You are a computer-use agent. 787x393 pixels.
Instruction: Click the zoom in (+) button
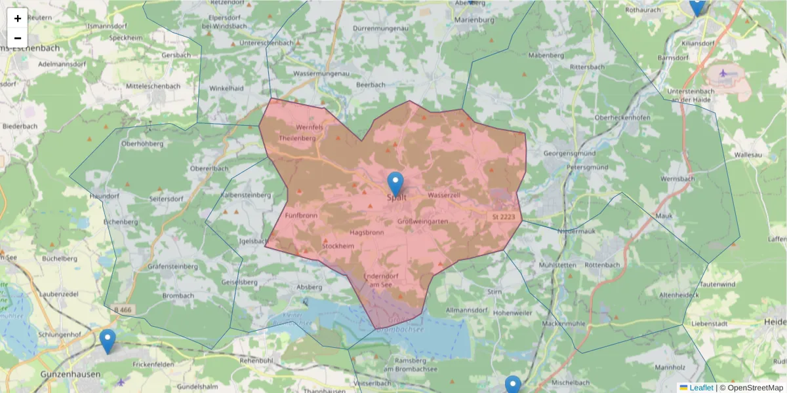click(x=18, y=18)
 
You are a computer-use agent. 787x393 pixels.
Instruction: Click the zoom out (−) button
click(x=18, y=38)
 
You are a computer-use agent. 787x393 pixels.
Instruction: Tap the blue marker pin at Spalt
click(x=395, y=184)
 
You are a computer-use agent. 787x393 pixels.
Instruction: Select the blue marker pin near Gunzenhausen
click(x=108, y=341)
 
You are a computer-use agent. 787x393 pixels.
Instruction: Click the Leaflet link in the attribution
click(x=701, y=388)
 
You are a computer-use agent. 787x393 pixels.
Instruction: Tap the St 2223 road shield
click(x=504, y=215)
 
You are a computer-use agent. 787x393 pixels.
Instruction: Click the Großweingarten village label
click(x=423, y=221)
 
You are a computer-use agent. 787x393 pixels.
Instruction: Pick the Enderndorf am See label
click(x=381, y=280)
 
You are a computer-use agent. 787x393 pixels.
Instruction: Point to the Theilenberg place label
click(x=297, y=138)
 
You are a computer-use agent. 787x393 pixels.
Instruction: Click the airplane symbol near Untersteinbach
click(x=723, y=73)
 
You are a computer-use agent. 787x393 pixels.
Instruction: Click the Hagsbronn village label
click(x=367, y=233)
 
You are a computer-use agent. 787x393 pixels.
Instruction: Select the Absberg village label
click(x=310, y=287)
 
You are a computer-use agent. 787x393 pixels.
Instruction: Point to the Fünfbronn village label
click(x=302, y=215)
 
